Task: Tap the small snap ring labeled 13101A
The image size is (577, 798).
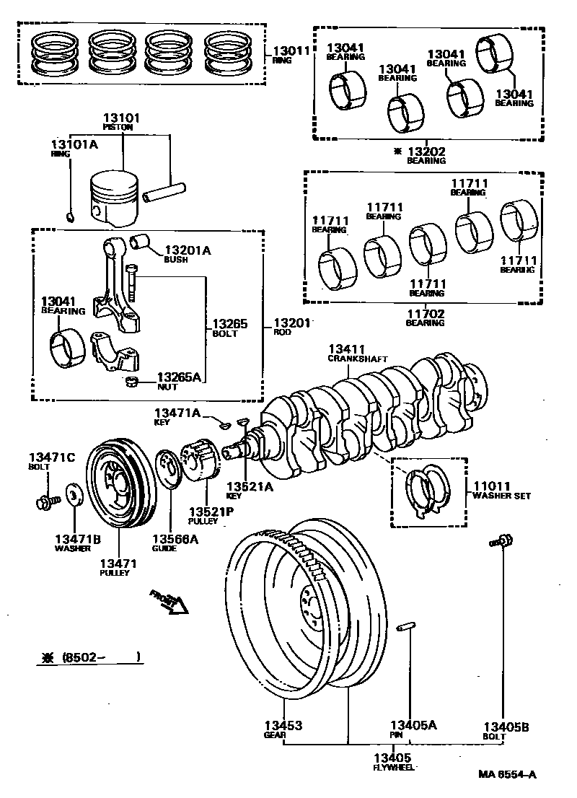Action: point(69,215)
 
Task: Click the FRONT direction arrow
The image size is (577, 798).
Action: point(170,600)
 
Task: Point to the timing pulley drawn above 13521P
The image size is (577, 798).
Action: point(198,461)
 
